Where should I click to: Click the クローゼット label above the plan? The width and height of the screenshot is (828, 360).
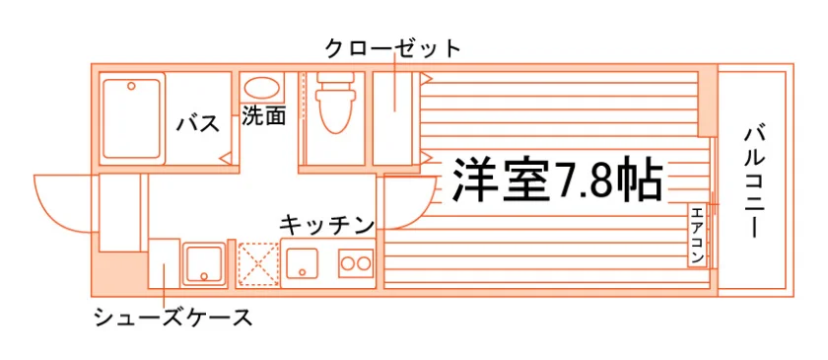tap(393, 49)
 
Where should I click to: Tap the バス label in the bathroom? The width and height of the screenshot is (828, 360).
tap(197, 124)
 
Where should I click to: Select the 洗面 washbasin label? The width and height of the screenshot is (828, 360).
tap(263, 116)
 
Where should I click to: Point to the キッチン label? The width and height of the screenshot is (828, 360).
tap(327, 226)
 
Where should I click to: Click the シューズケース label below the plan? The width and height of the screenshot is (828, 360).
tap(172, 318)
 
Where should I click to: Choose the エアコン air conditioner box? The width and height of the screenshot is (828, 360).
tap(697, 236)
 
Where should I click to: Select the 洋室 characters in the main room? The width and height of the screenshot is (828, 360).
tap(501, 180)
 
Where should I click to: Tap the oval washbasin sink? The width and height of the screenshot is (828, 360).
tap(262, 88)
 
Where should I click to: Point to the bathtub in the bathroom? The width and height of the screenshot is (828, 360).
tap(131, 118)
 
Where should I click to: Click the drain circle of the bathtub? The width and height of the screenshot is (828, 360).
tap(131, 86)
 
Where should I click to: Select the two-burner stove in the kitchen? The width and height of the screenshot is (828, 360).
tap(356, 261)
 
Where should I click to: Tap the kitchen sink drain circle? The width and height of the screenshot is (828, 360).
tap(302, 272)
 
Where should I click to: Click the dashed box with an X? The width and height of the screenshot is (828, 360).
tap(258, 264)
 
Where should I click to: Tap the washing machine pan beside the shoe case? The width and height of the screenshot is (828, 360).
tap(204, 263)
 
